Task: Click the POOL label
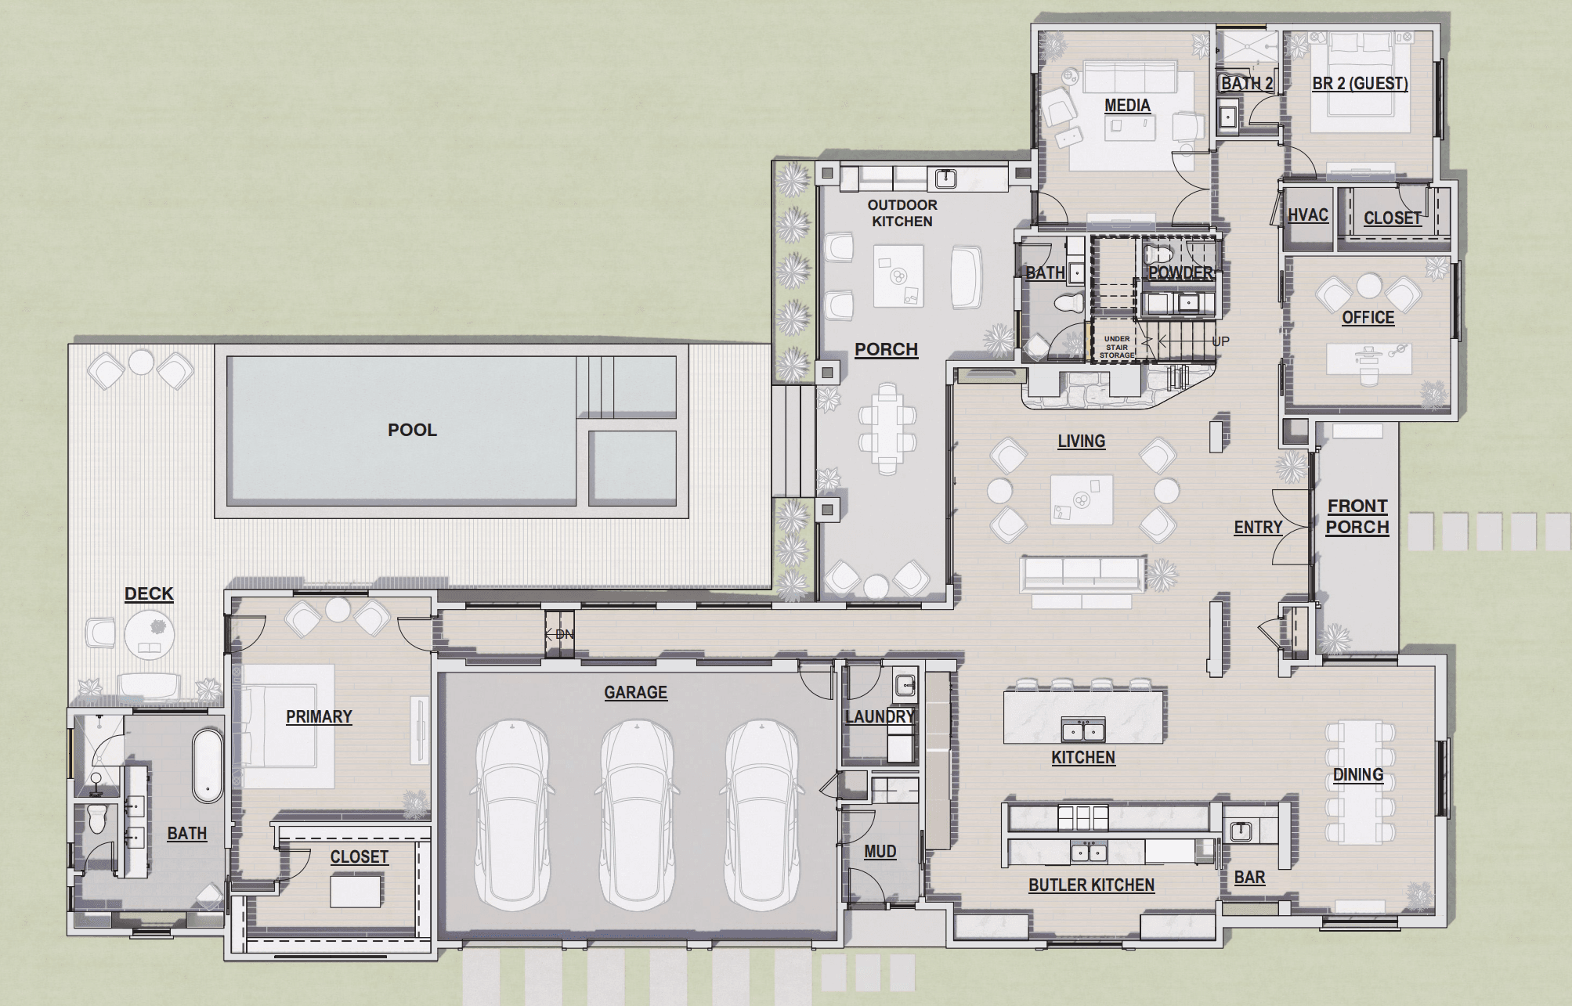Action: [412, 430]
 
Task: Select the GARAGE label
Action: [635, 692]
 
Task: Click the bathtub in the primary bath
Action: [208, 766]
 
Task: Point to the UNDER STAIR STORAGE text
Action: [1117, 348]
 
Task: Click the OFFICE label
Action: [1368, 317]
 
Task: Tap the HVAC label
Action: [1308, 215]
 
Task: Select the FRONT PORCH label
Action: [1357, 517]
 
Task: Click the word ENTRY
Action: [1258, 528]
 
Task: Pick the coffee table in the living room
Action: [1081, 499]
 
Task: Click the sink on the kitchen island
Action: [1083, 730]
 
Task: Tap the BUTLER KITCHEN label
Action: [1091, 885]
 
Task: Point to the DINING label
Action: [1358, 774]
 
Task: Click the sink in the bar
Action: [1241, 831]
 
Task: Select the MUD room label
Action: [880, 851]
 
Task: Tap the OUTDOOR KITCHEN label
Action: [902, 213]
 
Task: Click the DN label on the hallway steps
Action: [564, 634]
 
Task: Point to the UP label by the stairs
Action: [1220, 341]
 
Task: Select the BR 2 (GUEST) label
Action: [1360, 83]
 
